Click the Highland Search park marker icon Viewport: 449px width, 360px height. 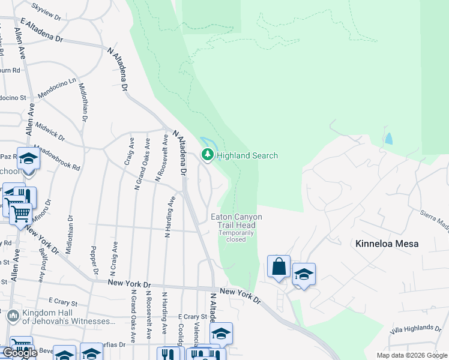(x=208, y=155)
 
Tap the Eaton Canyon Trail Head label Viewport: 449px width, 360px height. (x=236, y=221)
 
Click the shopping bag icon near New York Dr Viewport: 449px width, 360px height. (x=279, y=266)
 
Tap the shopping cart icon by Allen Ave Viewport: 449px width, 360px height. (x=20, y=213)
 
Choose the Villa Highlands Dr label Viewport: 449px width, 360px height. (x=415, y=328)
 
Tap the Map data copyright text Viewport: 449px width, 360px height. (x=411, y=355)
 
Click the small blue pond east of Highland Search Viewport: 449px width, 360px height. (x=389, y=139)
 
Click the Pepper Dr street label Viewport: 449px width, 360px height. (x=94, y=260)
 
